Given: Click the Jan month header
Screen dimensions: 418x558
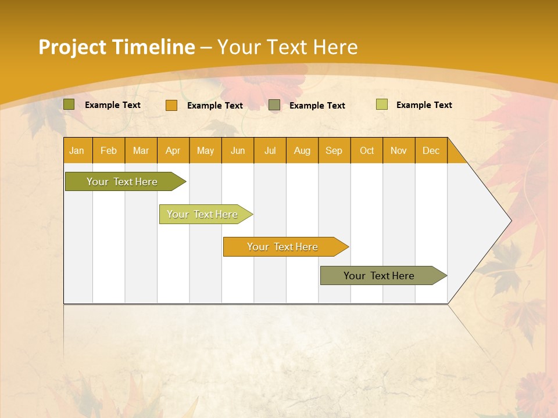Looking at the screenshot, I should [77, 150].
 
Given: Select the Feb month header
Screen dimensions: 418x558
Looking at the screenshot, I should [109, 150].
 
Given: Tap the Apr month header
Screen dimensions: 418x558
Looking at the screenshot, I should [173, 150].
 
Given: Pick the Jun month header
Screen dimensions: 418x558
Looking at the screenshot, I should [238, 150].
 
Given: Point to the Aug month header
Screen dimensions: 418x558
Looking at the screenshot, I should [302, 150].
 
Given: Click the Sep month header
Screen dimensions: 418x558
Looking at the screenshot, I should [334, 150].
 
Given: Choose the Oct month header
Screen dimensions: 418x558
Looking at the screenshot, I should [367, 150].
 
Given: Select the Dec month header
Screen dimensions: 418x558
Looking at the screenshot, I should [431, 150].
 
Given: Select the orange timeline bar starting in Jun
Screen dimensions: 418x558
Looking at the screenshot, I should [283, 247].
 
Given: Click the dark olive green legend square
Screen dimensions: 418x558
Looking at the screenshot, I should [69, 105].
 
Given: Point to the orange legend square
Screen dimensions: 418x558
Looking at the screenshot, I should [171, 105].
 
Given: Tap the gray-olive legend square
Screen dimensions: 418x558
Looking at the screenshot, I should [274, 105].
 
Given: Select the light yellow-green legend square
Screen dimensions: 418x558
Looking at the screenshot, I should [382, 105].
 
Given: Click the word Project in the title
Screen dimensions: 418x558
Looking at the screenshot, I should [73, 47].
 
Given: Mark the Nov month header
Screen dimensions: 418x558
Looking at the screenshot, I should [399, 150].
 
